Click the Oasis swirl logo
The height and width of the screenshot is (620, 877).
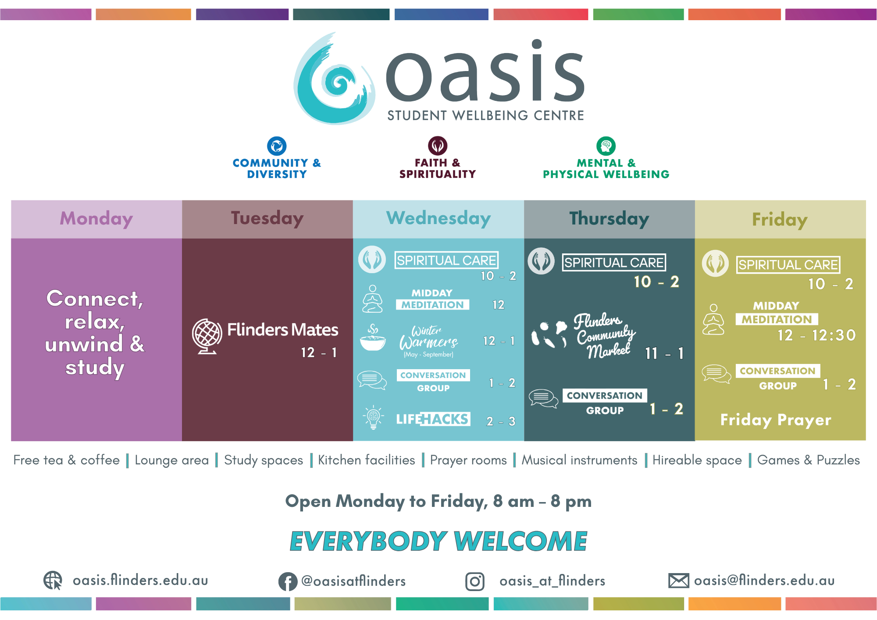tap(334, 79)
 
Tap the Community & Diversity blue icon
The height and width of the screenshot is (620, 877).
tap(277, 146)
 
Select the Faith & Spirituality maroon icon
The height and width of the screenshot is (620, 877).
tap(438, 146)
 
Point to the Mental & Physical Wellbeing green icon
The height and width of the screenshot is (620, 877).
tap(606, 146)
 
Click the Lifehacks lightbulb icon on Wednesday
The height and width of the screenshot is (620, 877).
tap(373, 417)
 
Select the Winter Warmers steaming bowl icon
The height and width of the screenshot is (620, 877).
tap(373, 337)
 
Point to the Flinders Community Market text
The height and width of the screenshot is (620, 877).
tap(605, 335)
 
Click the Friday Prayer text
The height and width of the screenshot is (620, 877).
tap(776, 420)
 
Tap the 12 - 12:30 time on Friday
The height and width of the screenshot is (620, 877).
tap(816, 335)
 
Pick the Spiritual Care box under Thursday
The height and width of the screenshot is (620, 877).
tap(614, 263)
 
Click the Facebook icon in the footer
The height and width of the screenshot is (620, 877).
tap(288, 582)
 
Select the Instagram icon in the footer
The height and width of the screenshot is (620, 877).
tap(475, 582)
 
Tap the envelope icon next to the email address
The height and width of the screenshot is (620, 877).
tap(679, 581)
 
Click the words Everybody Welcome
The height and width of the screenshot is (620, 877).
tap(438, 541)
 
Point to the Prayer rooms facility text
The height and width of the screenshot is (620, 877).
tap(468, 460)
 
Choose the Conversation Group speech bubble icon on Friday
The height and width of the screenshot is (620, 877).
tap(716, 374)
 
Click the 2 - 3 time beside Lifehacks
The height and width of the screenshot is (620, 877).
tap(501, 421)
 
